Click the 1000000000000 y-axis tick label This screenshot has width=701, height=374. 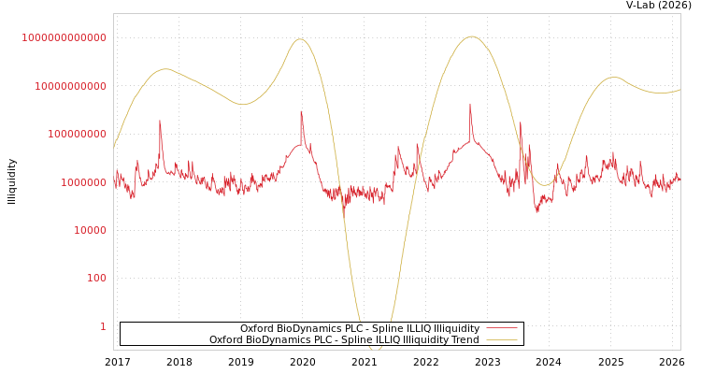[x=64, y=37]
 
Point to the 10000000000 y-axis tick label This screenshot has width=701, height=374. [x=69, y=86]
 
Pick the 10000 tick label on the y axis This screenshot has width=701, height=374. [x=89, y=230]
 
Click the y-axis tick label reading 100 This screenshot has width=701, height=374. [x=96, y=278]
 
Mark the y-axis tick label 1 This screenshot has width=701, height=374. [x=103, y=326]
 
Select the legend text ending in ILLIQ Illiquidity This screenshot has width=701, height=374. [x=360, y=328]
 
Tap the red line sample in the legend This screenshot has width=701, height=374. [x=501, y=328]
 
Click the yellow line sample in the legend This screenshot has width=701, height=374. [x=501, y=340]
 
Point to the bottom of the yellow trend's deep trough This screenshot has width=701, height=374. [x=375, y=349]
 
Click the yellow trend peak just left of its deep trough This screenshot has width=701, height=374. [x=299, y=39]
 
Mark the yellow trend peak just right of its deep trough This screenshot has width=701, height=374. [x=471, y=36]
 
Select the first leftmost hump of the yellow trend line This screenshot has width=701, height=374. [x=165, y=69]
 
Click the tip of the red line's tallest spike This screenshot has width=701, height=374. [x=470, y=104]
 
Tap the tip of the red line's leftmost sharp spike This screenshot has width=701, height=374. [x=160, y=121]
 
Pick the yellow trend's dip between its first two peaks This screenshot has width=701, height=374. [x=243, y=104]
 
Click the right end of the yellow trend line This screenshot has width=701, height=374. [x=680, y=90]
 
